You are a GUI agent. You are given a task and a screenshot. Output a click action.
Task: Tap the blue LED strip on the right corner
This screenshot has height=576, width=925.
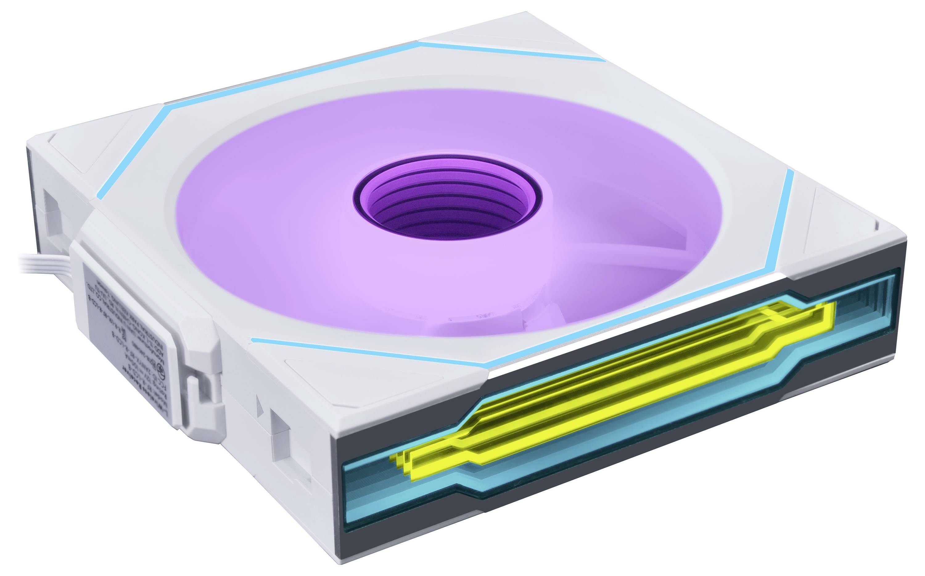(x=781, y=225)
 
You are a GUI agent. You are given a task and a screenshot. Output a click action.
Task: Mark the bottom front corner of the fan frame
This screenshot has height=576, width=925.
(x=343, y=560)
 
